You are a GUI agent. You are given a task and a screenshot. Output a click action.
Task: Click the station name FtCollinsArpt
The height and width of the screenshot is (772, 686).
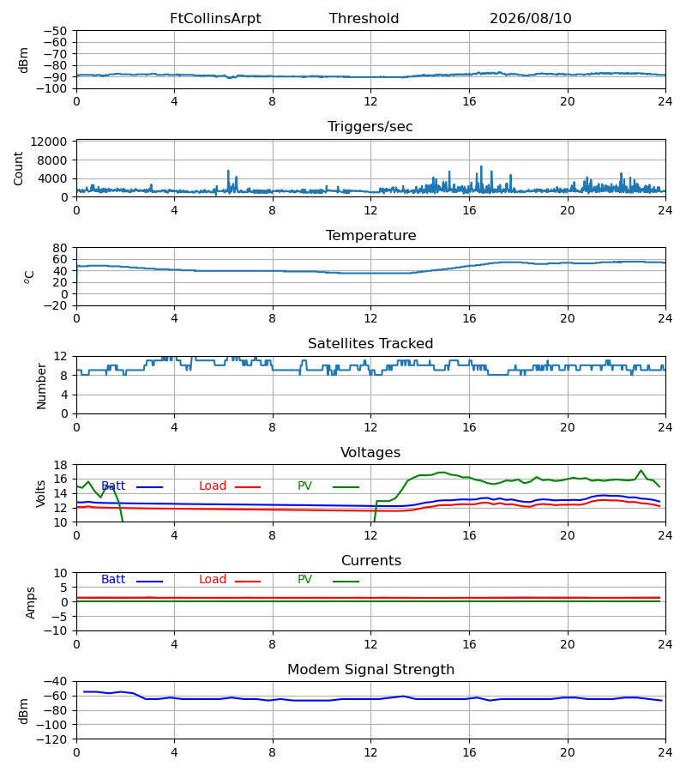click(215, 19)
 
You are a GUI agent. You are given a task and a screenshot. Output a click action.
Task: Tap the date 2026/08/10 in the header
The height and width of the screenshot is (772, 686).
click(531, 19)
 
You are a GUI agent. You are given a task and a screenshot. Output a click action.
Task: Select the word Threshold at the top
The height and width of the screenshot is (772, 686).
click(364, 19)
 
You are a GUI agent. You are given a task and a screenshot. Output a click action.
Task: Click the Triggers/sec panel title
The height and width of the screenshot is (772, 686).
click(370, 127)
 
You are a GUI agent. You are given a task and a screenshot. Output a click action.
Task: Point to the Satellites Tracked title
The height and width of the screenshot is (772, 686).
click(370, 344)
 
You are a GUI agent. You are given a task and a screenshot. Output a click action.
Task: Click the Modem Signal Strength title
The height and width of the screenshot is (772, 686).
click(371, 670)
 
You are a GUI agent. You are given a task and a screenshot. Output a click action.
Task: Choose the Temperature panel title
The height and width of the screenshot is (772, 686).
click(371, 235)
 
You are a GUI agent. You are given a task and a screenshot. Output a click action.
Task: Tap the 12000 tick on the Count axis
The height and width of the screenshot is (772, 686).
click(49, 142)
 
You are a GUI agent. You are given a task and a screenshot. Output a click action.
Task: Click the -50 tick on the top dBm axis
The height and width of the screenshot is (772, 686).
click(55, 31)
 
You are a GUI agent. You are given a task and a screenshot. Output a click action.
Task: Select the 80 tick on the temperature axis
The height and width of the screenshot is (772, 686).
click(60, 248)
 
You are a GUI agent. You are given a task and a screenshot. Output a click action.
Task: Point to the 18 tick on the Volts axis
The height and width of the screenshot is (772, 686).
click(60, 465)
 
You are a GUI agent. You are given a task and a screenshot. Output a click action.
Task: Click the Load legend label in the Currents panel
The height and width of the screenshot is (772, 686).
click(213, 580)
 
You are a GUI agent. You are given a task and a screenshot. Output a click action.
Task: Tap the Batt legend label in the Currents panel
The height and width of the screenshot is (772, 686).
click(113, 580)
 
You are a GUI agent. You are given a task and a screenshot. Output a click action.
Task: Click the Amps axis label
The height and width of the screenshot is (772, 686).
click(31, 603)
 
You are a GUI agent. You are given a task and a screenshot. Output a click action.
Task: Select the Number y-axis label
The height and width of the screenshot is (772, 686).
click(41, 386)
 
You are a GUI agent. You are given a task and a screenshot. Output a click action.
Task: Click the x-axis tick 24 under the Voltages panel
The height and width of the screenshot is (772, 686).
click(665, 535)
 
